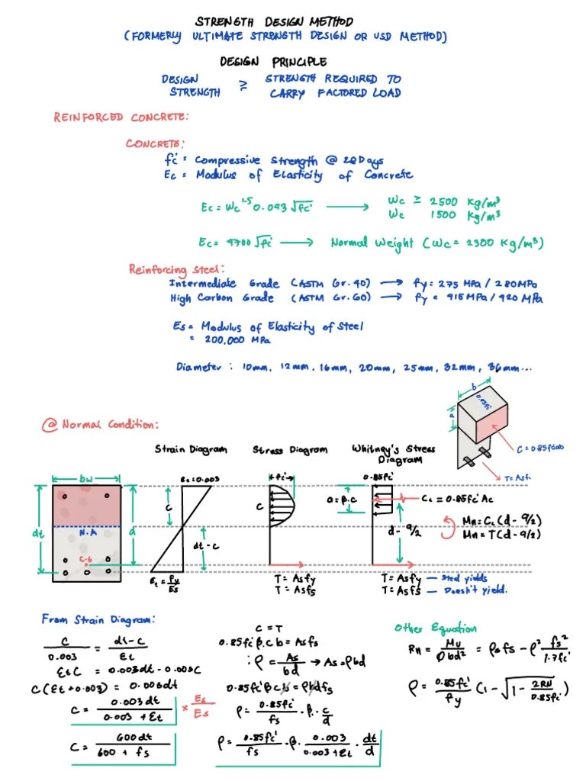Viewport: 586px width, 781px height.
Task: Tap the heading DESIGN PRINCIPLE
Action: click(273, 62)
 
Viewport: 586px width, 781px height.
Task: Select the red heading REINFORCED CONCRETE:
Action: click(121, 117)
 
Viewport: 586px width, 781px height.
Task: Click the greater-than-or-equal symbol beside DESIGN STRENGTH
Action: click(243, 86)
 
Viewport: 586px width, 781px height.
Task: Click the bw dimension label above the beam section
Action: click(86, 479)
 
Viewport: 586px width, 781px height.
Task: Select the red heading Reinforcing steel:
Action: click(176, 268)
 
